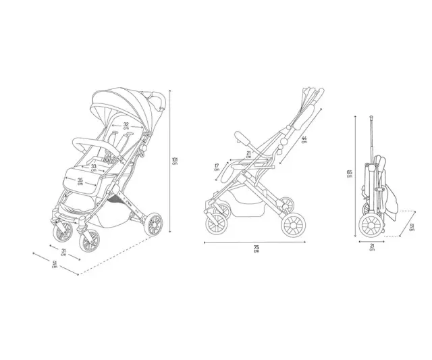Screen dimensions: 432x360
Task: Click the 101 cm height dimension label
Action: point(175,161)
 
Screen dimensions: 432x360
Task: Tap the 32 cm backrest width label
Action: point(126,126)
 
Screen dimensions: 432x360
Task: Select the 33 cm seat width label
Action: point(94,168)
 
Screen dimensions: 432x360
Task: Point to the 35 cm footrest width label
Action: point(80,181)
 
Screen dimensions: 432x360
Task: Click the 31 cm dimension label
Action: point(63,252)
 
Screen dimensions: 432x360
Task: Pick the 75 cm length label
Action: point(256,249)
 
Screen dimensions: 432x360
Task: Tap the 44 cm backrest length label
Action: point(304,140)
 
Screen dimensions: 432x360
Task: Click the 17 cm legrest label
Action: point(217,168)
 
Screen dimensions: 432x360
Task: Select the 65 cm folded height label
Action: point(350,174)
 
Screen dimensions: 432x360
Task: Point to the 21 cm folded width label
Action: point(372,247)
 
